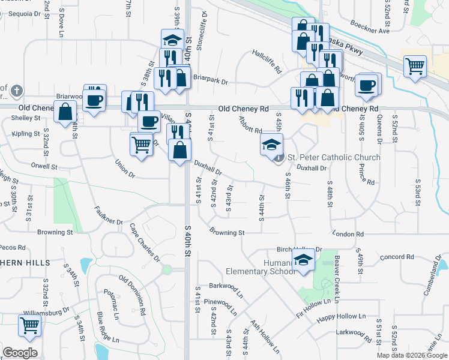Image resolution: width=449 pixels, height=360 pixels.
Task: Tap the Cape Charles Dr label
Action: [145, 242]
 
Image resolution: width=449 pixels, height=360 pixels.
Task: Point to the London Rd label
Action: [351, 234]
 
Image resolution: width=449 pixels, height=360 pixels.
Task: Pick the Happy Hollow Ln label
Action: [341, 316]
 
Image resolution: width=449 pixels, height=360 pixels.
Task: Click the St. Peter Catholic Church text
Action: [334, 158]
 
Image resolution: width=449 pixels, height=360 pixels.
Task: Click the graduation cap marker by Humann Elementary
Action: [304, 261]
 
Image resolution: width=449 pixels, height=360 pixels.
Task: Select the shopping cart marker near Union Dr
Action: [140, 143]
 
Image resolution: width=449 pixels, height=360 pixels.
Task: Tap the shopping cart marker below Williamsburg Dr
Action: [29, 326]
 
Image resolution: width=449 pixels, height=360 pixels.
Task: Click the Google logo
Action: [20, 353]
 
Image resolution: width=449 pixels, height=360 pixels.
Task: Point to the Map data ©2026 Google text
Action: [412, 355]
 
